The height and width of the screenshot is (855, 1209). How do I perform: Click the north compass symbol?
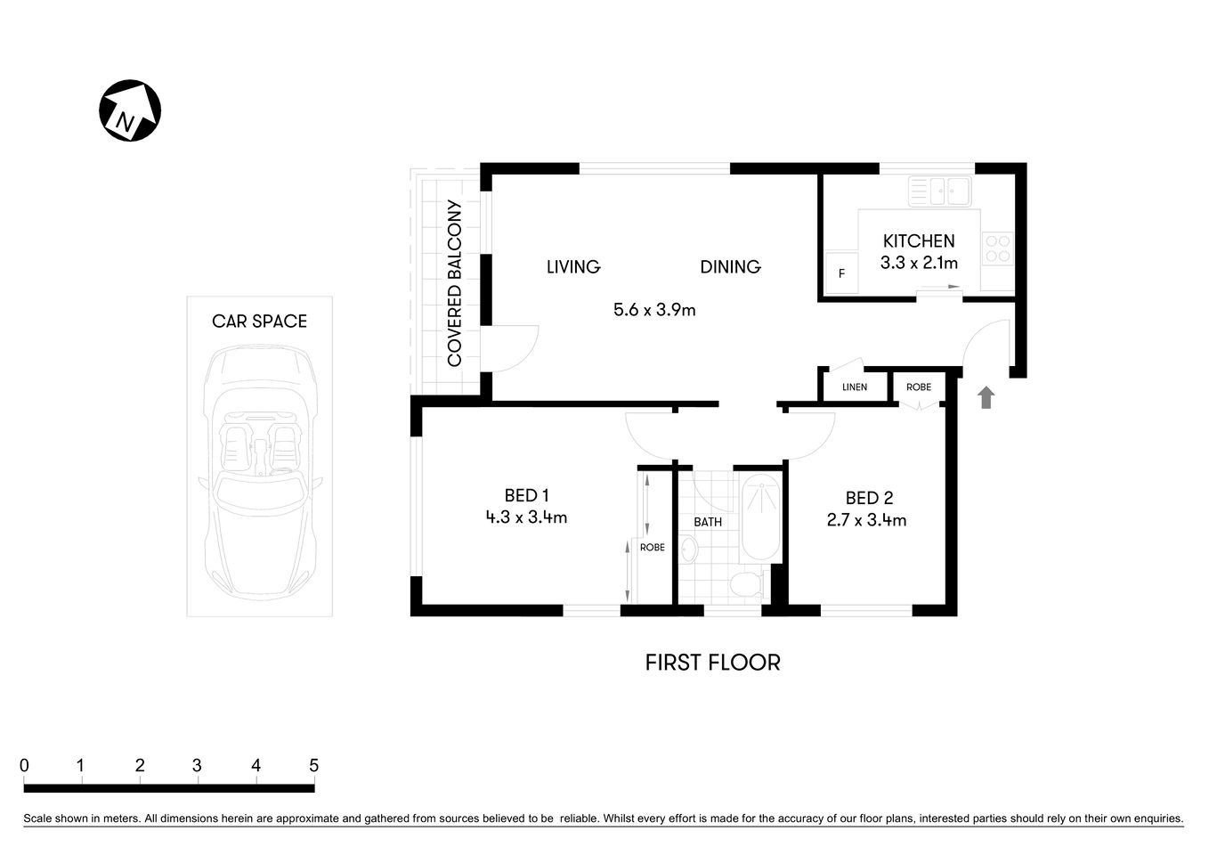(129, 110)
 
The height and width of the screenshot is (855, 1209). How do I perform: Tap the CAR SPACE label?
(259, 322)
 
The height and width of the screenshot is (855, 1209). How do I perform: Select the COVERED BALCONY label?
(454, 283)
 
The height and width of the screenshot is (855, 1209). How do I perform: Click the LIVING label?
(572, 266)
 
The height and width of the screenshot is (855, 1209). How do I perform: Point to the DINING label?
(730, 266)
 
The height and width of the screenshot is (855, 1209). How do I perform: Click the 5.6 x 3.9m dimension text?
(654, 310)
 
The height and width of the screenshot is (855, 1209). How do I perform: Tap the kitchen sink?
(938, 191)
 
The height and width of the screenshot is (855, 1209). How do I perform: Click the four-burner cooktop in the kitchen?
(997, 248)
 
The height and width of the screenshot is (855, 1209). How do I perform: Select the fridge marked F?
(841, 273)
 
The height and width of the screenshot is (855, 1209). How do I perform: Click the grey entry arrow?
(986, 397)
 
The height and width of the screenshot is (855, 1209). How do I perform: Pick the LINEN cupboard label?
(854, 387)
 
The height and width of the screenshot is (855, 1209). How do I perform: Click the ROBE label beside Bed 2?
(919, 387)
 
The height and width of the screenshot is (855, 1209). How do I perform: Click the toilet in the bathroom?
(746, 585)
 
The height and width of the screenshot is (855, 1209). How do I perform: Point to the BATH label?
(708, 522)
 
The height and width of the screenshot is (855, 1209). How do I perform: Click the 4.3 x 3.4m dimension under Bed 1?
(526, 517)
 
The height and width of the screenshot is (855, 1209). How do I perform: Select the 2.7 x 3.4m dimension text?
(866, 520)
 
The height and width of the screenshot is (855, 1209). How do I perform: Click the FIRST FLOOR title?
(712, 663)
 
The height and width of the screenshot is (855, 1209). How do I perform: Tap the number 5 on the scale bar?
(313, 765)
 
